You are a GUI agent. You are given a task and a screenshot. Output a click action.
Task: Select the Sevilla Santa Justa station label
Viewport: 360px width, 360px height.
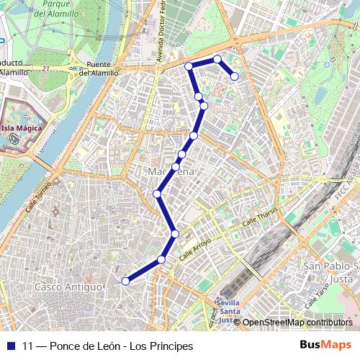(x=228, y=310)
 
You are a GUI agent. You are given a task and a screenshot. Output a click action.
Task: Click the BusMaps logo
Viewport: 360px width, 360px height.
(x=325, y=346)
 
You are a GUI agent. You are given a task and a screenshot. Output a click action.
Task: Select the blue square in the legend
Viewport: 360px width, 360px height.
(x=10, y=346)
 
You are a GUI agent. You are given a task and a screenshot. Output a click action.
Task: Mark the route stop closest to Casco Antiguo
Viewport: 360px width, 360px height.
(x=125, y=282)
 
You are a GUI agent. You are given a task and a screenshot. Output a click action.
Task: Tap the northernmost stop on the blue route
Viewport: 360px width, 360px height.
(x=217, y=59)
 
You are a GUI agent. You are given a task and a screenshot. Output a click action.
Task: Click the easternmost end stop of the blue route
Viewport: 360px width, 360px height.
(x=234, y=76)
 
